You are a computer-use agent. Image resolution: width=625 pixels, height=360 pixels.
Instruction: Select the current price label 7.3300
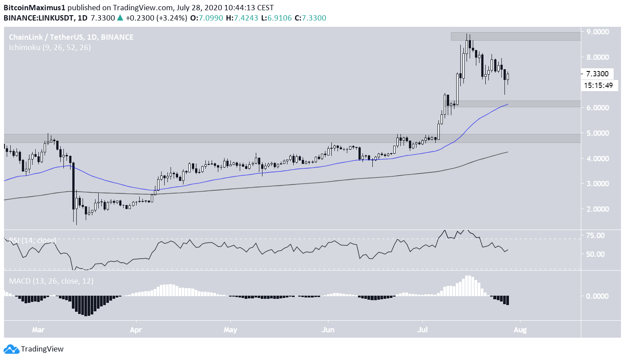click(x=596, y=74)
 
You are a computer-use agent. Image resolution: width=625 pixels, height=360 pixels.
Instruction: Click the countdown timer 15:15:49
click(x=598, y=85)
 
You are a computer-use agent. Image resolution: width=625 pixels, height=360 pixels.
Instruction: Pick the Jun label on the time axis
click(x=328, y=331)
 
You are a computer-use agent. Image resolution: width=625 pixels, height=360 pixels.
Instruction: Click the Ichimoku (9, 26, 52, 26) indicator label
click(x=50, y=47)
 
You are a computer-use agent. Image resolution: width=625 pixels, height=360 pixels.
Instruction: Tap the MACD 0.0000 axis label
click(x=596, y=296)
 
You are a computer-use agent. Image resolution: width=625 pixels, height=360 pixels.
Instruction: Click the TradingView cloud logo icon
click(x=11, y=349)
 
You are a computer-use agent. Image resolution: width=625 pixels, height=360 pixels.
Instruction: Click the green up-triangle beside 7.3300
click(x=120, y=18)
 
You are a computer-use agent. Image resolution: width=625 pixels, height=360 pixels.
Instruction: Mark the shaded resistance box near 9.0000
click(x=516, y=36)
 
